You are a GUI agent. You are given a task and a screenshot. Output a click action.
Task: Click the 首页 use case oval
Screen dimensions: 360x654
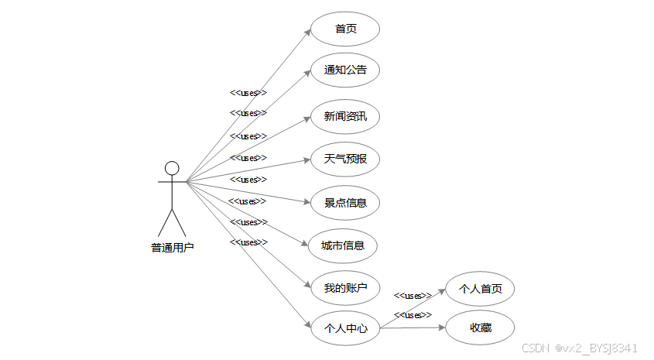[x=345, y=29]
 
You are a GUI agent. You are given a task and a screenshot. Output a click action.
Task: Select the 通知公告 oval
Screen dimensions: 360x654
[x=345, y=70]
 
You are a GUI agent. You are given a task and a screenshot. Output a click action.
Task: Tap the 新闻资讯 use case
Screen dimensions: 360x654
[x=345, y=118]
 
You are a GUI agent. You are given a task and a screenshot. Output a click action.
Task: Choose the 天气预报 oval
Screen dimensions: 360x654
[x=345, y=159]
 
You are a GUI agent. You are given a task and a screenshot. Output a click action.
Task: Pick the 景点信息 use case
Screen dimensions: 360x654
[x=345, y=203]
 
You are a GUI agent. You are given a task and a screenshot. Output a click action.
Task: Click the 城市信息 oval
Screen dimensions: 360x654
[x=343, y=246]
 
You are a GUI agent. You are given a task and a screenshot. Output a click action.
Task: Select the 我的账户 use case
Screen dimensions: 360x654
[x=345, y=289]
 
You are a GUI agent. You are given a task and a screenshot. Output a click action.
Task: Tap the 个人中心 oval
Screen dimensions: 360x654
[x=345, y=328]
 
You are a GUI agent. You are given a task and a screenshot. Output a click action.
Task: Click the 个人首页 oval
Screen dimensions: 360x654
[x=481, y=289]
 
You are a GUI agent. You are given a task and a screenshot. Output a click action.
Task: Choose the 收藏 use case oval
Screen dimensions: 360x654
[x=481, y=328]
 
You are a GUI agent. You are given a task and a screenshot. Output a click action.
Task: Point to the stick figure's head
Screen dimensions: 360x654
[x=172, y=168]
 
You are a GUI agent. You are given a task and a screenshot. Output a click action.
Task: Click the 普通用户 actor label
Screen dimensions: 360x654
[x=172, y=248]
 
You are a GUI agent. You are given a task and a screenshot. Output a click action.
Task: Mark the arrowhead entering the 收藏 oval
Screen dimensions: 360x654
[x=442, y=327]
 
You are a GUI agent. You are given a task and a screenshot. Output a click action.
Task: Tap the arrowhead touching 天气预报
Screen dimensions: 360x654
[x=307, y=160]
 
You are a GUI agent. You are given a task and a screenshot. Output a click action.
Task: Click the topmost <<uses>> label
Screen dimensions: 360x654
[x=248, y=92]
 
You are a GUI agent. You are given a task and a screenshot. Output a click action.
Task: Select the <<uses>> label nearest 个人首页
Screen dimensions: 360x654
[x=413, y=295]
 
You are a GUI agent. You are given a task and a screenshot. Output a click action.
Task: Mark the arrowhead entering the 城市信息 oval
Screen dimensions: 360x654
[x=306, y=242]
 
